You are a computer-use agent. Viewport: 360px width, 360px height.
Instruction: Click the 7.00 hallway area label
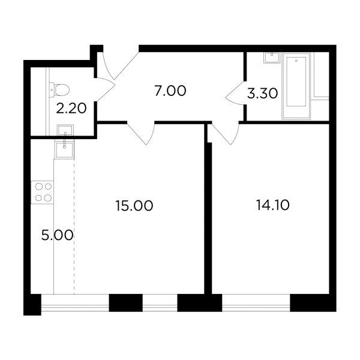[x=170, y=91]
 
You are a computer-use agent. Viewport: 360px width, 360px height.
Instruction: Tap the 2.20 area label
[x=71, y=109]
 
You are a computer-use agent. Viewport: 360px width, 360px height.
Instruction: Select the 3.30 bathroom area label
[x=262, y=94]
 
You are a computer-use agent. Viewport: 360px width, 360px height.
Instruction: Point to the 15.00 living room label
[x=134, y=205]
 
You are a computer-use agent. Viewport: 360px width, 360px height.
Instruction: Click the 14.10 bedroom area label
[x=272, y=205]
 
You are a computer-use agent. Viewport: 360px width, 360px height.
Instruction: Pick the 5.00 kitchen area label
[x=57, y=235]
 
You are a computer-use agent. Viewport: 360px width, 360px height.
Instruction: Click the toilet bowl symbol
[x=59, y=89]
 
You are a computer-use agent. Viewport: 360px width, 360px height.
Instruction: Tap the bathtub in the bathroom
[x=296, y=86]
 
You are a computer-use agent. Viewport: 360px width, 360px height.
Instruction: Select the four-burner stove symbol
[x=42, y=193]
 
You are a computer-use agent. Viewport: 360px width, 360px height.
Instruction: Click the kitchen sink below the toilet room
[x=64, y=149]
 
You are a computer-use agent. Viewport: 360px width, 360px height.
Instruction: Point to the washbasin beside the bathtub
[x=272, y=58]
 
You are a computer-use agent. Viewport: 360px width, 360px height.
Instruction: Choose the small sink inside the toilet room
[x=65, y=130]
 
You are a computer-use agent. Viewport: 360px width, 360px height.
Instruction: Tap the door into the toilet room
[x=104, y=89]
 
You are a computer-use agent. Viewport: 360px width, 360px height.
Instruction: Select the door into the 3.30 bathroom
[x=235, y=93]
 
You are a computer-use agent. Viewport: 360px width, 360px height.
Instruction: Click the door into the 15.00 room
[x=141, y=134]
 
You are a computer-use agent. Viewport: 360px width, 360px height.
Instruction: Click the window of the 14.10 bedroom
[x=256, y=302]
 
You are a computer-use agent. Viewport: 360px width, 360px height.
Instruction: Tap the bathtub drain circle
[x=296, y=61]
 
